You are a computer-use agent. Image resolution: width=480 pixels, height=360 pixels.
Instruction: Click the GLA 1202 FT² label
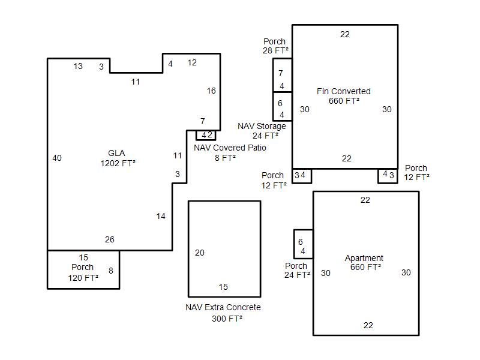click(118, 158)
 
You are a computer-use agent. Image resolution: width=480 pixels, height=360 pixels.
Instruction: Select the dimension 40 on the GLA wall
click(57, 158)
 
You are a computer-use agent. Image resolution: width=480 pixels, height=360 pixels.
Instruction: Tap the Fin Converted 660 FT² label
click(343, 96)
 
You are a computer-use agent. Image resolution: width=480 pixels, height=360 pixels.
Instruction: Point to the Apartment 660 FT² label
click(364, 262)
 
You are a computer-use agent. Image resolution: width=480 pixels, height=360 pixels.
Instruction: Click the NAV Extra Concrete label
click(223, 307)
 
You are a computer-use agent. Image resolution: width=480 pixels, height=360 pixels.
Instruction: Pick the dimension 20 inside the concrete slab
click(200, 253)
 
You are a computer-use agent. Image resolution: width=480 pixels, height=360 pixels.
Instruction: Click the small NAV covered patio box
click(206, 135)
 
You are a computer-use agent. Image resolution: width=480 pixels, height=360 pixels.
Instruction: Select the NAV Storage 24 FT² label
click(262, 131)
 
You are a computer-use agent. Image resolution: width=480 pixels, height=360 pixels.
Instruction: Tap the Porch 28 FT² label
click(275, 46)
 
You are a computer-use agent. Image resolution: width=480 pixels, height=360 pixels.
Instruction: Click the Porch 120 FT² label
click(83, 272)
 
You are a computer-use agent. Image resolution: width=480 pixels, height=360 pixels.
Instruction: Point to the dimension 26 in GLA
click(110, 239)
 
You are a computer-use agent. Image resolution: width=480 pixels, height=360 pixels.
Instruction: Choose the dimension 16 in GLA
click(211, 91)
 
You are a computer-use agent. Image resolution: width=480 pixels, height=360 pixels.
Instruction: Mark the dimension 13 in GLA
click(78, 66)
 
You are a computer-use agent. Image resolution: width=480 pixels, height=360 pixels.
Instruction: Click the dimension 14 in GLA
click(161, 216)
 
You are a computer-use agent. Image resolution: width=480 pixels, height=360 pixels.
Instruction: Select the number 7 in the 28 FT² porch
click(281, 73)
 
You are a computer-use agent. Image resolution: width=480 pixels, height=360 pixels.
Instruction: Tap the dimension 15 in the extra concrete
click(223, 287)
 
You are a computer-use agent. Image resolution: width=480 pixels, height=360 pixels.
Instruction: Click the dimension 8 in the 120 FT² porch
click(111, 271)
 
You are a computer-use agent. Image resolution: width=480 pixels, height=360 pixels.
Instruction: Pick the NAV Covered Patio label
click(230, 148)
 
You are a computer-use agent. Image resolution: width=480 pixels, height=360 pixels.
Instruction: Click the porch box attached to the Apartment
click(304, 244)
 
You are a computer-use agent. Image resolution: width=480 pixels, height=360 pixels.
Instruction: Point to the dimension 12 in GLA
click(192, 62)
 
